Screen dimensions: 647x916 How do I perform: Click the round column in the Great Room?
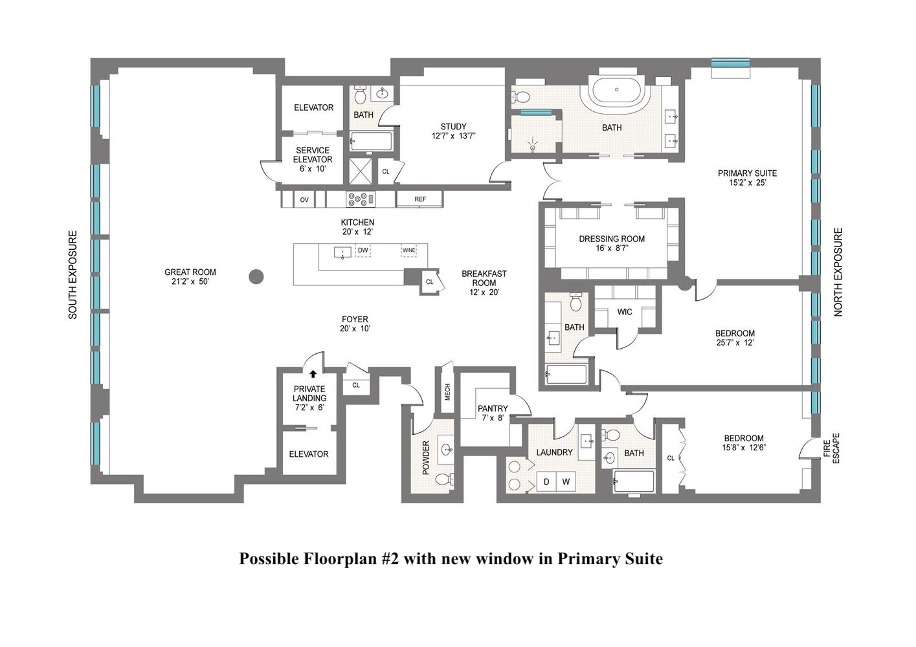[257, 277]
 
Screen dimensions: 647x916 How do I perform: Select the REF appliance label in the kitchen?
[420, 199]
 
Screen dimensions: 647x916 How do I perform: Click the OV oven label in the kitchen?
[304, 200]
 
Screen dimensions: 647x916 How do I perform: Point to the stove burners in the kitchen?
[357, 199]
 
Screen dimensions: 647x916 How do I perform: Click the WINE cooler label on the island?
[408, 250]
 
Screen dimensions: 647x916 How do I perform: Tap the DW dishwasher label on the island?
[363, 250]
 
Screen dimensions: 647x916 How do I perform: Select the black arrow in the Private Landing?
[313, 373]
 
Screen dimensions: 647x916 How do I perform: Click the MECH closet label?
[447, 392]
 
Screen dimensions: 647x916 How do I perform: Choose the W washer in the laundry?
[565, 481]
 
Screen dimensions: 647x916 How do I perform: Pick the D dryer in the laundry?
[546, 481]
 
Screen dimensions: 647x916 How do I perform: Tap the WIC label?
[625, 312]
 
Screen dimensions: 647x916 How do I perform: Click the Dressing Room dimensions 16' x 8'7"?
[612, 248]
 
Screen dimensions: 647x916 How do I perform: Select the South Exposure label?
[73, 275]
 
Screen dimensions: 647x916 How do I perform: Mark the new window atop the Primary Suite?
[731, 63]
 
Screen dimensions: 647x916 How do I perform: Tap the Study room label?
[453, 127]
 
